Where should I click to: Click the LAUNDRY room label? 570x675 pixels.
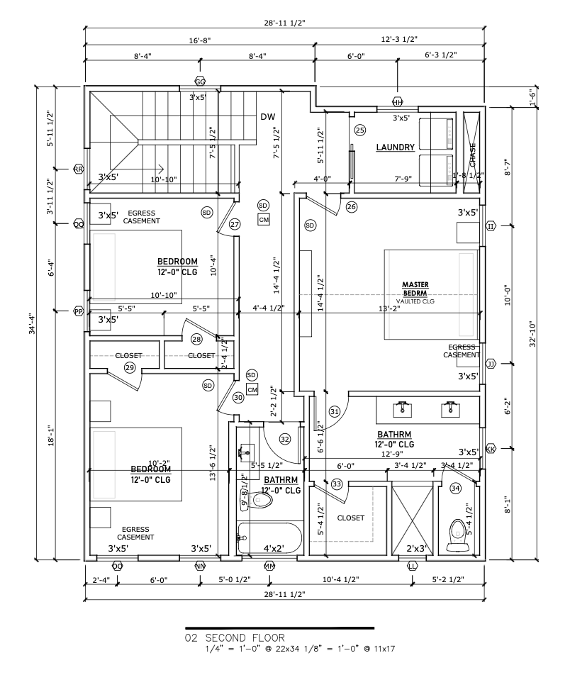pyautogui.click(x=395, y=147)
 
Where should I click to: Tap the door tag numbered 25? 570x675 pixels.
pyautogui.click(x=360, y=130)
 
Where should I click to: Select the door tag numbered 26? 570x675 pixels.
pyautogui.click(x=352, y=207)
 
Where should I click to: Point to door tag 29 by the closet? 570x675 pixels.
pyautogui.click(x=129, y=367)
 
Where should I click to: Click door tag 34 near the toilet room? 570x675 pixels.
pyautogui.click(x=455, y=488)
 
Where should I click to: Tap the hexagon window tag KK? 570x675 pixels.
pyautogui.click(x=491, y=448)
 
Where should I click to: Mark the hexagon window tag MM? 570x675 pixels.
pyautogui.click(x=269, y=566)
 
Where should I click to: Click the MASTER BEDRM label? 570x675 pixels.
pyautogui.click(x=415, y=289)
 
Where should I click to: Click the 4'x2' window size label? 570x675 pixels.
pyautogui.click(x=274, y=549)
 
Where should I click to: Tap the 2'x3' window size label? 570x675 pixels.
pyautogui.click(x=415, y=549)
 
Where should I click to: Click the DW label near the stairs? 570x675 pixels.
pyautogui.click(x=267, y=117)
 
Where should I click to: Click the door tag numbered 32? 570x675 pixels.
pyautogui.click(x=285, y=439)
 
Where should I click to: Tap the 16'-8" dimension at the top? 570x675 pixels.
pyautogui.click(x=200, y=41)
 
